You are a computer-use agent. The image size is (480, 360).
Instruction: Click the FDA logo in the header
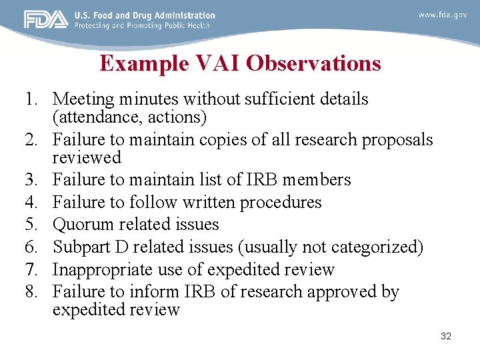pos(46,19)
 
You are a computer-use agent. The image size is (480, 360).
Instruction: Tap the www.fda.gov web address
pos(442,14)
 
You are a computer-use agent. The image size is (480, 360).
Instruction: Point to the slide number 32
pos(446,336)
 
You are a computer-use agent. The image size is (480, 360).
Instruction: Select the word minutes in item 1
pos(149,99)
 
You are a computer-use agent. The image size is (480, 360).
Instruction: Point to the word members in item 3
pos(318,180)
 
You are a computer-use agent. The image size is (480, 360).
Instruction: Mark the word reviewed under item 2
pos(87,158)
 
